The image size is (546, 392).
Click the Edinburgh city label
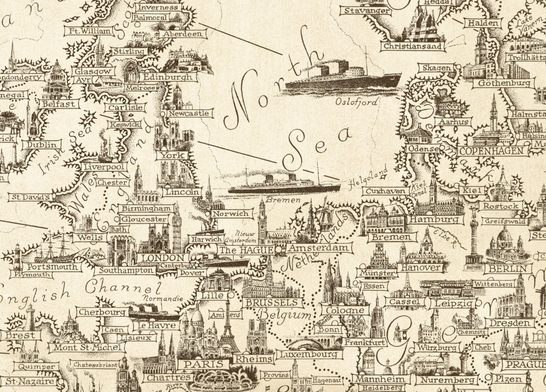tap(167, 77)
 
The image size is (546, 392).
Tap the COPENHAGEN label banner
tap(490, 151)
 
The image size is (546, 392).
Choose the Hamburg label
tap(435, 219)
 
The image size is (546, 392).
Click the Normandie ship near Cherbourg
tap(154, 312)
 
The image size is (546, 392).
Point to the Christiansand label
tap(412, 46)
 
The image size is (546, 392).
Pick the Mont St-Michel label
tap(85, 347)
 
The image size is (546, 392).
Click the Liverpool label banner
tap(105, 167)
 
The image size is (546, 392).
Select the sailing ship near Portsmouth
tap(55, 248)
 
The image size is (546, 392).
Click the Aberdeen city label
tap(182, 34)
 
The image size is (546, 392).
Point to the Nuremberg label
tap(446, 380)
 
